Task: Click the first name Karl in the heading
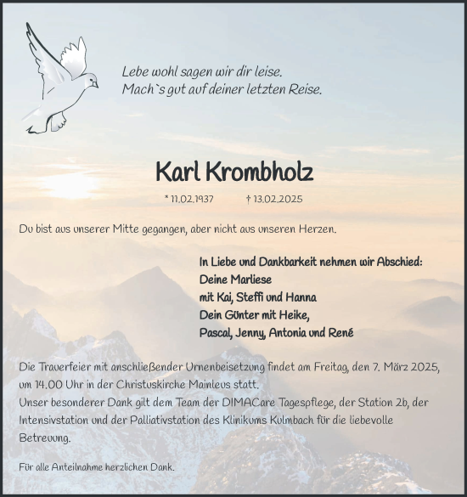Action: click(x=176, y=172)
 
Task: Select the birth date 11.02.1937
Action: click(x=189, y=200)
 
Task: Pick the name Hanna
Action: click(x=300, y=297)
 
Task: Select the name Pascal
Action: click(x=217, y=333)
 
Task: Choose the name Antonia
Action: click(x=294, y=333)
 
